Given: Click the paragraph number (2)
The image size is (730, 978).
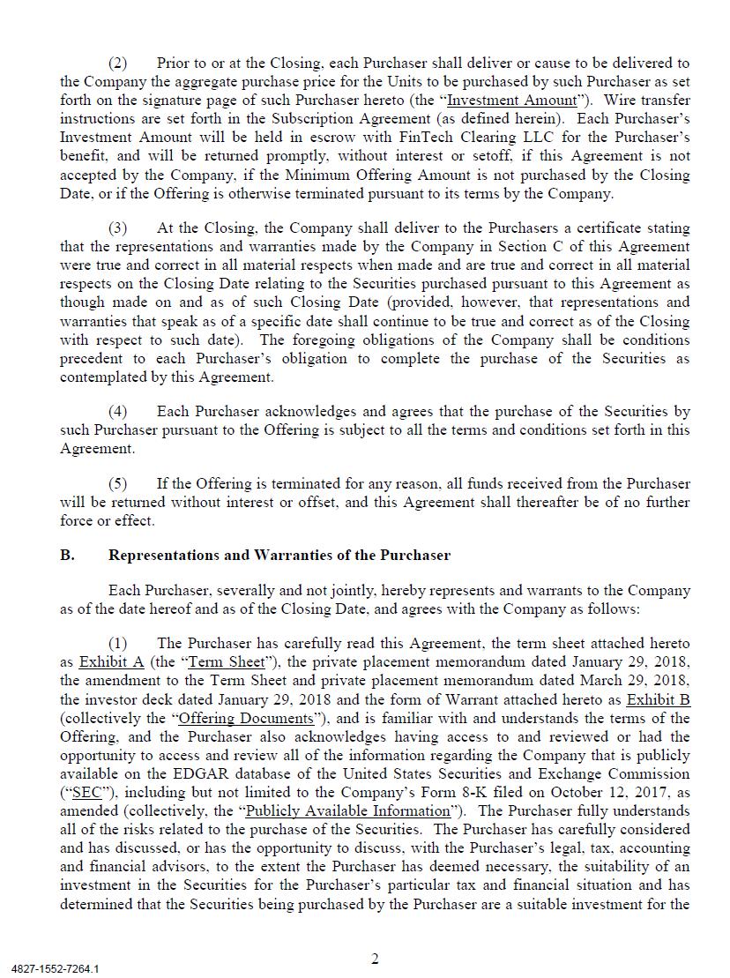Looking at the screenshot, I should [x=117, y=63].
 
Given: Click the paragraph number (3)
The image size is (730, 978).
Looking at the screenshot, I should [x=117, y=228].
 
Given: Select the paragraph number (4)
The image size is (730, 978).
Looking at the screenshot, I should [x=117, y=412].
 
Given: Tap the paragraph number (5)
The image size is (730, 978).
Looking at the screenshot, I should [x=117, y=484].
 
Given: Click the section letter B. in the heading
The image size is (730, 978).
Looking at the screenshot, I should [x=67, y=556].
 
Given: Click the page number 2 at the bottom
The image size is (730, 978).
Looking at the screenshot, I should [x=375, y=959].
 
